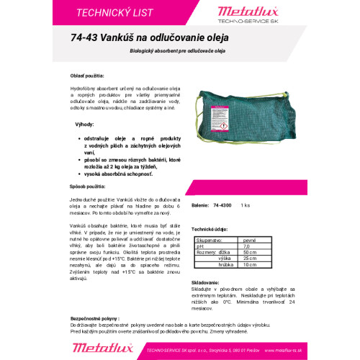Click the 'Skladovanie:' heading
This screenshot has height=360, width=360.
(207, 282)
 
